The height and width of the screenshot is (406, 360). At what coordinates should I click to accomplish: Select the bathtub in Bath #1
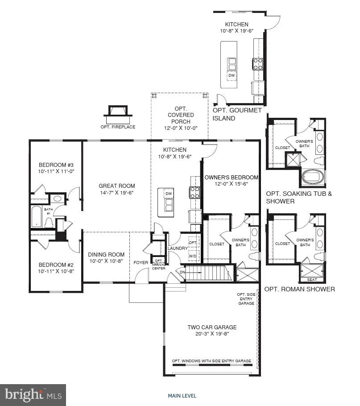[36, 217]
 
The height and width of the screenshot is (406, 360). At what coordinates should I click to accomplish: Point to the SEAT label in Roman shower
[312, 280]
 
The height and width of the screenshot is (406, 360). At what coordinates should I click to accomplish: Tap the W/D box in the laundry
[193, 257]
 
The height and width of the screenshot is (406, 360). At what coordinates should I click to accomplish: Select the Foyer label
[141, 262]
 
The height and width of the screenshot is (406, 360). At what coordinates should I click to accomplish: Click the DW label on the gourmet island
[231, 75]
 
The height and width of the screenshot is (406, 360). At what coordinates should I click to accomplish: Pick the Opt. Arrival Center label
[158, 264]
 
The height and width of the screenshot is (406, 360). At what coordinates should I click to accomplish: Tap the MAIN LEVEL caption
[182, 396]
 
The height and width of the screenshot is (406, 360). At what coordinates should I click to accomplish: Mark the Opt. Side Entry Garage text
[246, 299]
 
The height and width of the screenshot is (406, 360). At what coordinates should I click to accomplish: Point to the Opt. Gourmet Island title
[236, 114]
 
